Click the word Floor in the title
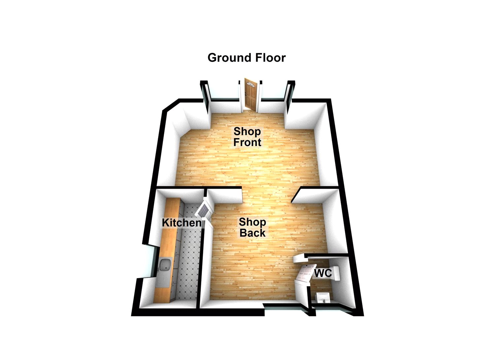click(x=271, y=57)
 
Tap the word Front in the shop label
click(x=247, y=142)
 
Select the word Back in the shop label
click(x=252, y=233)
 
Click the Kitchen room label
click(x=182, y=223)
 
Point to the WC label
click(x=323, y=273)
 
